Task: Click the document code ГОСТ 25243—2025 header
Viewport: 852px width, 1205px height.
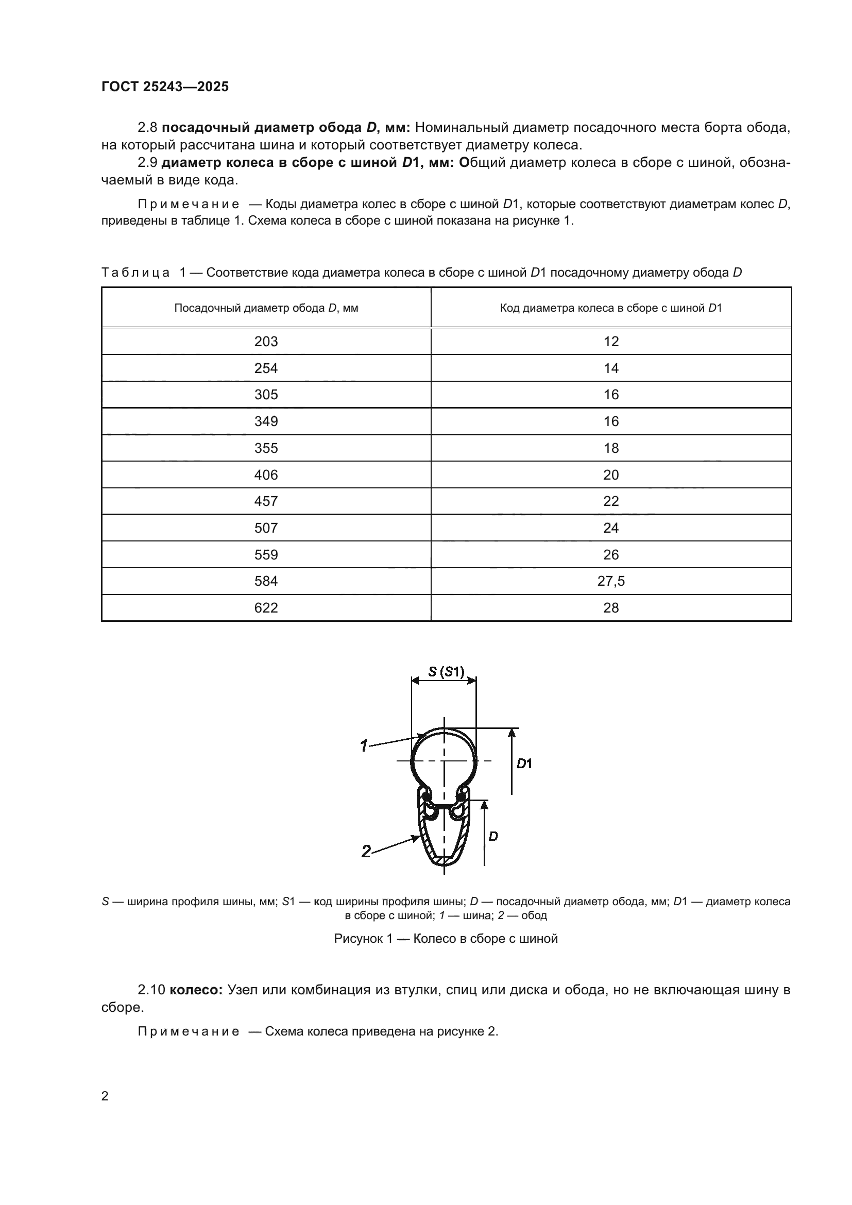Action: (x=165, y=87)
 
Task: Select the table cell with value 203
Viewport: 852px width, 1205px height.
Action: (x=266, y=342)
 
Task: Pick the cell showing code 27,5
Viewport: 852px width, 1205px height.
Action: (x=611, y=581)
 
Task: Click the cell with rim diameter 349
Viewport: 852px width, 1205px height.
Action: (x=266, y=421)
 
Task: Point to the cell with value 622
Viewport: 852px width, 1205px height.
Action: (x=266, y=608)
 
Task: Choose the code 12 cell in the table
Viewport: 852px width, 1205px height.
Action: (x=611, y=342)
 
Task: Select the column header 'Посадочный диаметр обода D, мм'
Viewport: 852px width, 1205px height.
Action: (x=266, y=308)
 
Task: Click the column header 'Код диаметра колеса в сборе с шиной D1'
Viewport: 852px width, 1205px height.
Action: (x=611, y=308)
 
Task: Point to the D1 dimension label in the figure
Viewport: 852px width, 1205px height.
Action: (x=524, y=764)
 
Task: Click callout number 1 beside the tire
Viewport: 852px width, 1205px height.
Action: (x=364, y=745)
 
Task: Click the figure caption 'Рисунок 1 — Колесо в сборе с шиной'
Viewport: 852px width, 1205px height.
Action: (x=446, y=938)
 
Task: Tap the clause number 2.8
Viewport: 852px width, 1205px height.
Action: (x=147, y=128)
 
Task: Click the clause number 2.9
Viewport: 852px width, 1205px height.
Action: (x=147, y=163)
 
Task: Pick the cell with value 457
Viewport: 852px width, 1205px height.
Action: (x=266, y=501)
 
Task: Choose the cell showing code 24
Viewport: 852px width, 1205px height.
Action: (x=611, y=528)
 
